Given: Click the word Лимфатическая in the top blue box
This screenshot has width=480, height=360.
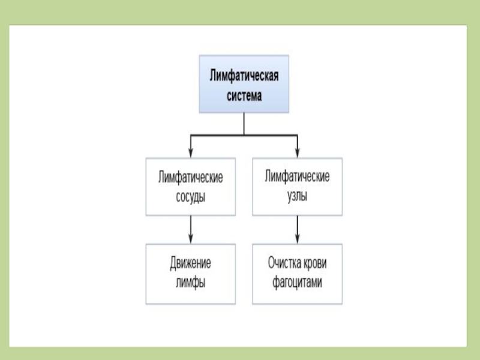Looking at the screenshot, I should (244, 76).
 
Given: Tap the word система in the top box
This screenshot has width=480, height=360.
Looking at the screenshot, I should (244, 95).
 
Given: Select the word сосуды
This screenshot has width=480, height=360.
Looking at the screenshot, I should (190, 196).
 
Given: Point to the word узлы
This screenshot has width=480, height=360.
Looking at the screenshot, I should (297, 196).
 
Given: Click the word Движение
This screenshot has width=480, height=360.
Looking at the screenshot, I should (190, 263).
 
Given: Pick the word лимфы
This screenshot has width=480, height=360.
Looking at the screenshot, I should (190, 282).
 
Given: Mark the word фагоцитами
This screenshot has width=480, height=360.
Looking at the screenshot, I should (297, 282).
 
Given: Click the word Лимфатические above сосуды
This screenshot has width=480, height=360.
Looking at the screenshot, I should (190, 178).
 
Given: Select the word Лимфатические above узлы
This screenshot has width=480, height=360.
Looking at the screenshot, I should (297, 178).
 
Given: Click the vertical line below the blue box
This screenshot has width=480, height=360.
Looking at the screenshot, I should (244, 124).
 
